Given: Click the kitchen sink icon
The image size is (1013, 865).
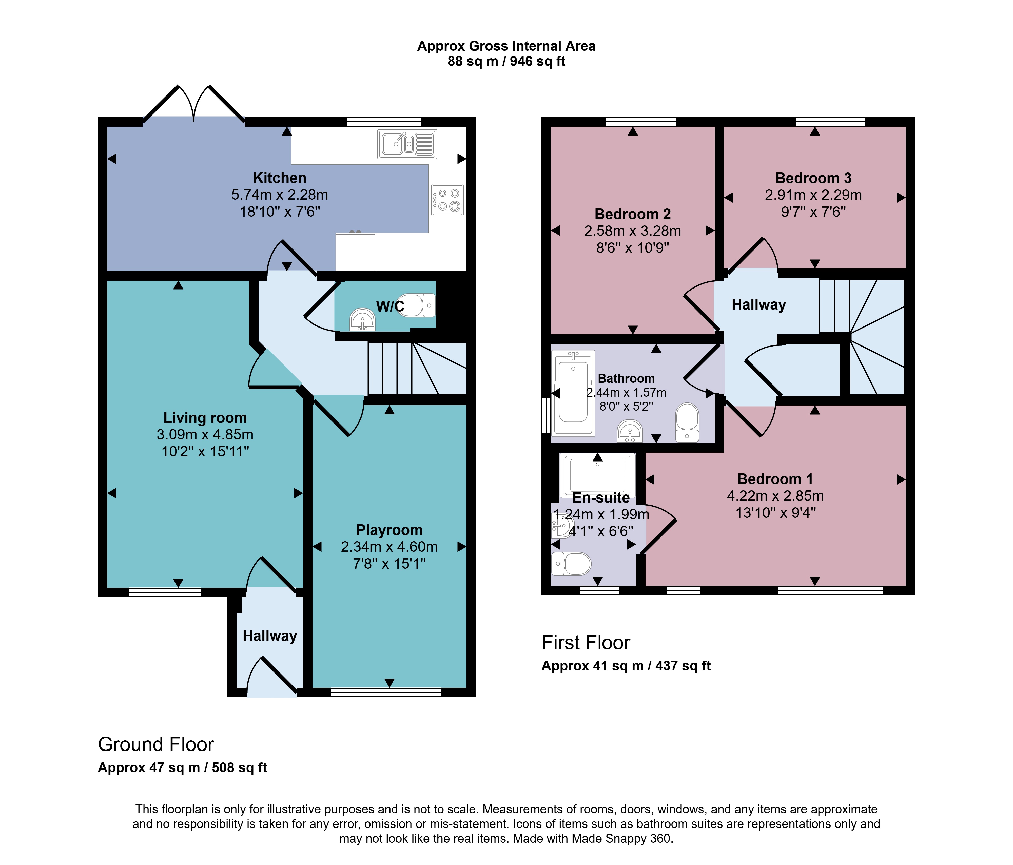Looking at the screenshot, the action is pyautogui.click(x=407, y=144).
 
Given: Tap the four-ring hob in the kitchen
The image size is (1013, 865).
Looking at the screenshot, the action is pyautogui.click(x=447, y=200).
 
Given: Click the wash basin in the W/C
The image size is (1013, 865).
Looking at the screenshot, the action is pyautogui.click(x=362, y=320).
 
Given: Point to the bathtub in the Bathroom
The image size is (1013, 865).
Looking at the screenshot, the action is pyautogui.click(x=573, y=393).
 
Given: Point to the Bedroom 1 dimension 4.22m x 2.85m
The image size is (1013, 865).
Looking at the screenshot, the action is pyautogui.click(x=775, y=496).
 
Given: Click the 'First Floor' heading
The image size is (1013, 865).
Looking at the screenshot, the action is pyautogui.click(x=586, y=643).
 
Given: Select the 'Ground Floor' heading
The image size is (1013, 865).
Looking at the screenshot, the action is pyautogui.click(x=156, y=744).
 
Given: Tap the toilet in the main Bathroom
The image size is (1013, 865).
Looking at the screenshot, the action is pyautogui.click(x=687, y=422).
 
